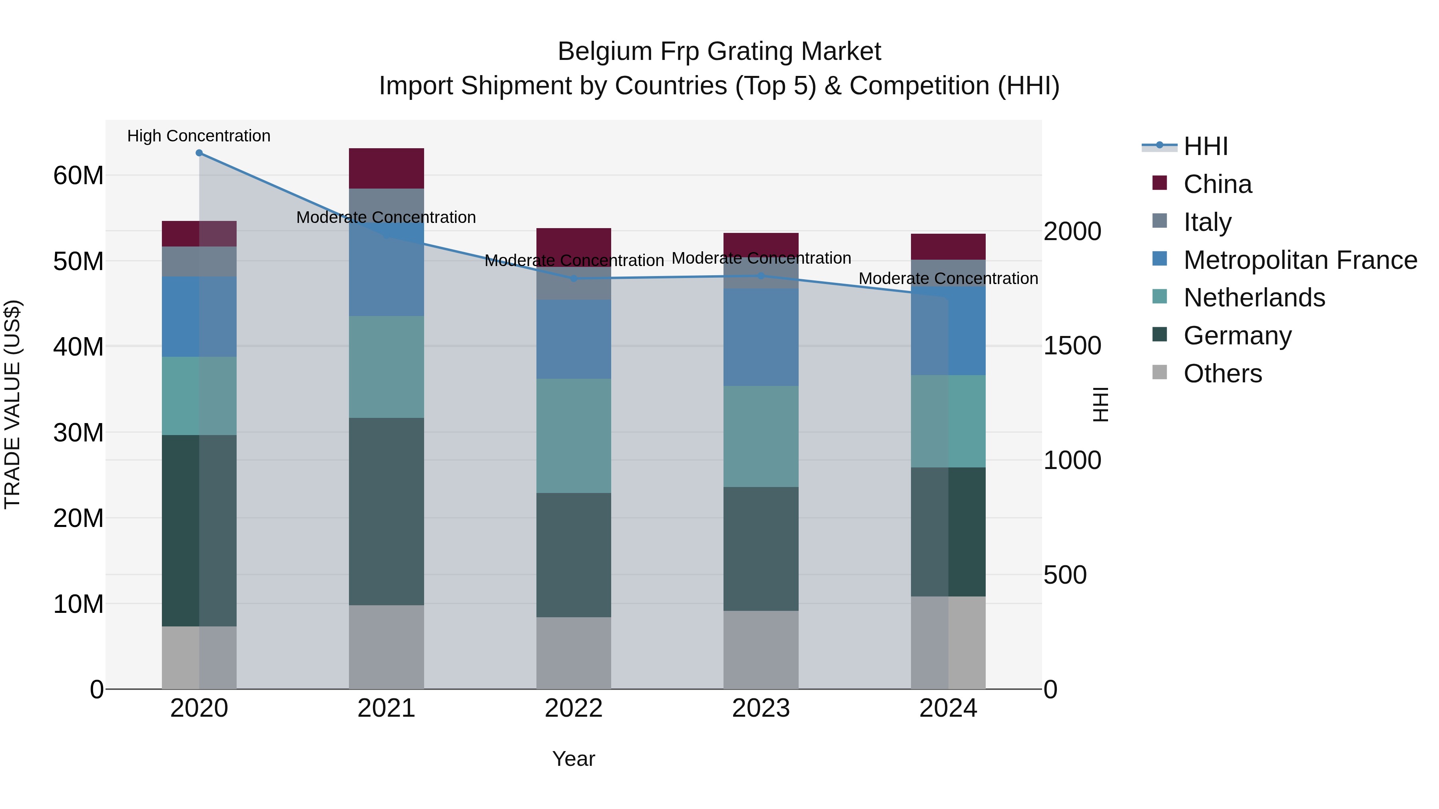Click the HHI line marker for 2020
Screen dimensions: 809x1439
click(199, 153)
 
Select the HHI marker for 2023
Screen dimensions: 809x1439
click(760, 276)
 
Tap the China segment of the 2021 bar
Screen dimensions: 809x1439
click(386, 169)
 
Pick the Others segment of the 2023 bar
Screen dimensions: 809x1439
click(760, 650)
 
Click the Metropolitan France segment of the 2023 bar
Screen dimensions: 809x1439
click(760, 337)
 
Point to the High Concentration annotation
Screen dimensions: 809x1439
click(199, 136)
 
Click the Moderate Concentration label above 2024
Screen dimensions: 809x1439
click(948, 278)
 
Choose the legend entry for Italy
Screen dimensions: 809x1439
click(1207, 222)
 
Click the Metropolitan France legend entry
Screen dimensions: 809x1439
click(1300, 260)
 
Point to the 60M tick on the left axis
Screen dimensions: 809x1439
click(78, 176)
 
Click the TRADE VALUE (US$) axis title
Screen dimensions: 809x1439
click(12, 404)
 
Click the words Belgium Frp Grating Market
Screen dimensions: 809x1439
click(719, 52)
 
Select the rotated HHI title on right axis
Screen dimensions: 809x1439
click(1100, 404)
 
